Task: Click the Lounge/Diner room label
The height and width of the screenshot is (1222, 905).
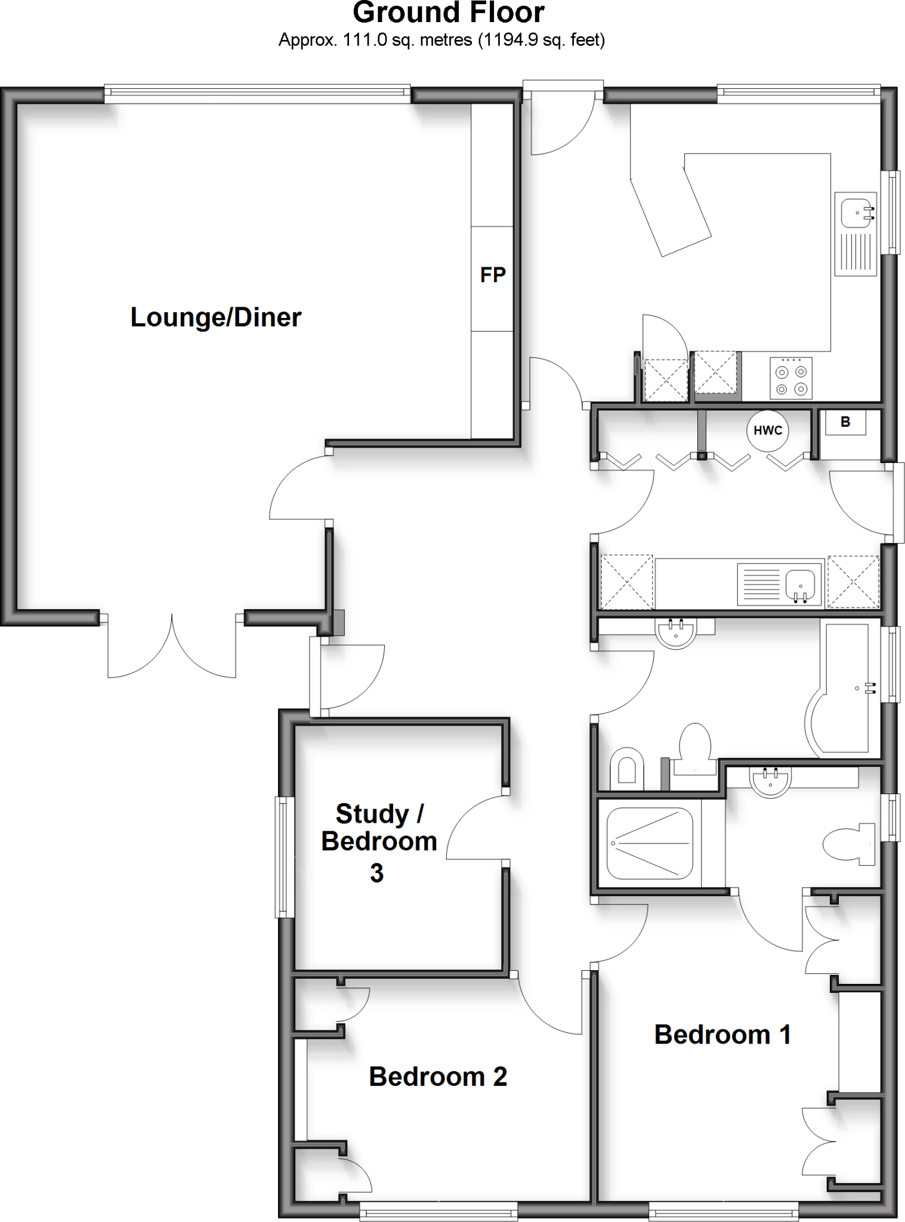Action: pyautogui.click(x=216, y=317)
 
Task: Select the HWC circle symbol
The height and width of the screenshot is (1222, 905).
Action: pyautogui.click(x=768, y=430)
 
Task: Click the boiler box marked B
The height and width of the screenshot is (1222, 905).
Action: pyautogui.click(x=845, y=422)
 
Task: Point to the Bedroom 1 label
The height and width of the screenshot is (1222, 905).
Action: pyautogui.click(x=722, y=1035)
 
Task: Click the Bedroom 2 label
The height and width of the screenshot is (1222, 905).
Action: pyautogui.click(x=438, y=1076)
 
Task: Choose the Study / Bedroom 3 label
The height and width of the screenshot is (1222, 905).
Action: pyautogui.click(x=379, y=842)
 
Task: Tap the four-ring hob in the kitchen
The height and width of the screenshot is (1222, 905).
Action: pyautogui.click(x=790, y=378)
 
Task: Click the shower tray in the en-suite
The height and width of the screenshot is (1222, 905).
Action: pyautogui.click(x=650, y=844)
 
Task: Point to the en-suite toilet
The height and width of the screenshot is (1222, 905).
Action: pyautogui.click(x=850, y=844)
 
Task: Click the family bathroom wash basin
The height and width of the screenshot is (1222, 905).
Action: pyautogui.click(x=675, y=633)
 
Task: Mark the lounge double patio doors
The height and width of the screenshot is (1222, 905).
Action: pyautogui.click(x=172, y=647)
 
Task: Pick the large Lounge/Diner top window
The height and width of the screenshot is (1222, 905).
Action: pyautogui.click(x=258, y=92)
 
